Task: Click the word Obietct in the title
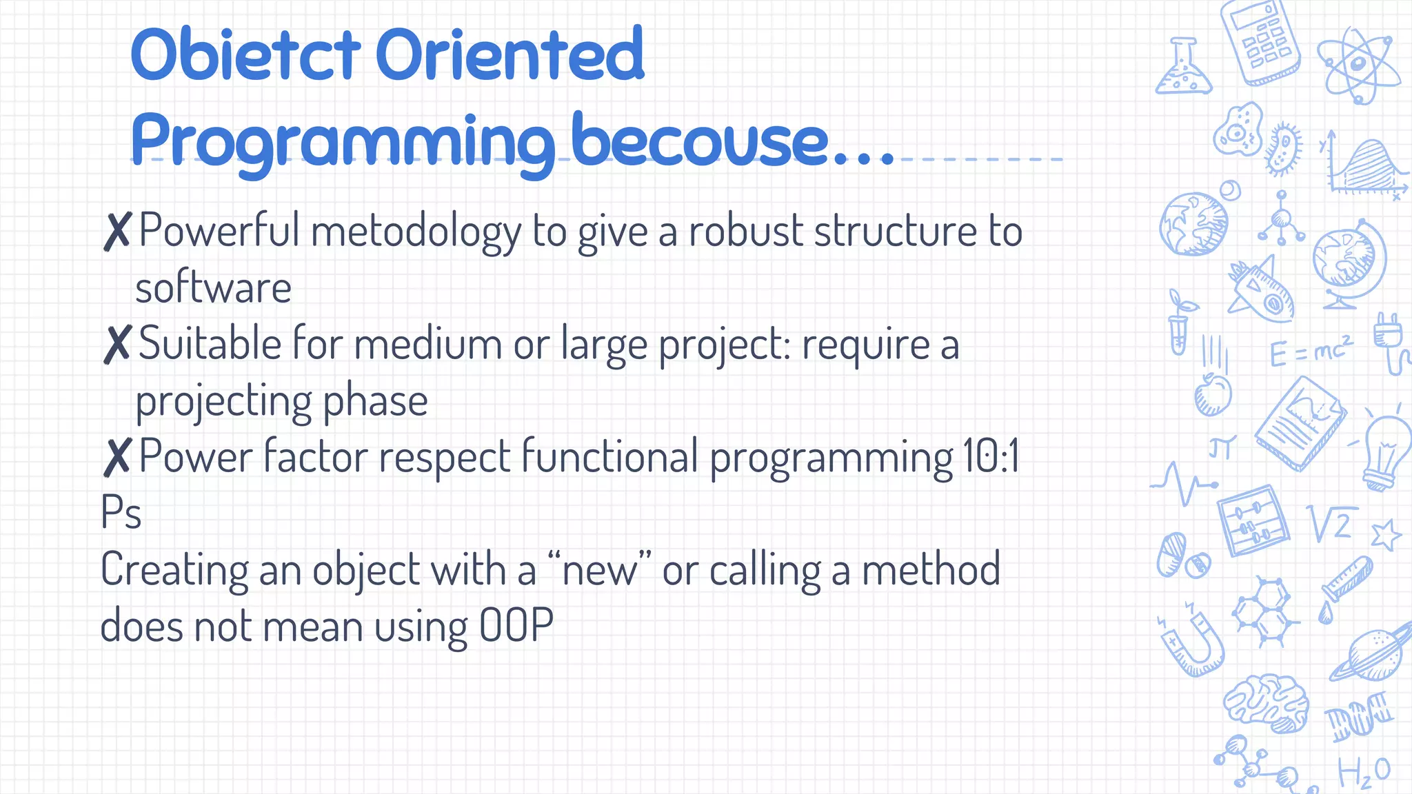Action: pyautogui.click(x=245, y=55)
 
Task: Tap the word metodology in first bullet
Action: pyautogui.click(x=416, y=232)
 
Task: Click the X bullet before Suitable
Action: pyautogui.click(x=117, y=345)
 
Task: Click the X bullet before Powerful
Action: pyautogui.click(x=117, y=232)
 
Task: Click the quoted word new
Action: pyautogui.click(x=600, y=571)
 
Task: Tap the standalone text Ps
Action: pyautogui.click(x=121, y=513)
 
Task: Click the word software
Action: pyautogui.click(x=213, y=288)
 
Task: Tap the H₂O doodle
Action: pyautogui.click(x=1364, y=772)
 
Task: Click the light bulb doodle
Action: pyautogui.click(x=1386, y=451)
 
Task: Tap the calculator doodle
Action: pyautogui.click(x=1260, y=43)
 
